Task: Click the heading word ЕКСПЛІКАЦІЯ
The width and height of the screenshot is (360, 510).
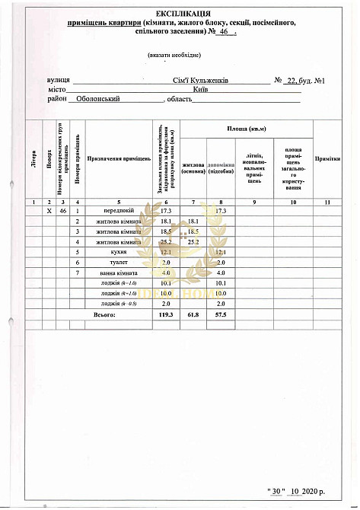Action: (x=180, y=14)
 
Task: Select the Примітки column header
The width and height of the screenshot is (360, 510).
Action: (x=327, y=159)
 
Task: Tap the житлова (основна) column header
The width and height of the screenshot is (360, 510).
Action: (x=194, y=167)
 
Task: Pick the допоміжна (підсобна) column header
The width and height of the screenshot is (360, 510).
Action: (x=221, y=167)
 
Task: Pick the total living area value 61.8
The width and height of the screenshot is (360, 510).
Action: (x=193, y=314)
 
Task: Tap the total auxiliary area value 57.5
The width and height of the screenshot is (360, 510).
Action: (x=221, y=314)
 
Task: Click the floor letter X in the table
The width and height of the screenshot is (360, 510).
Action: (x=49, y=210)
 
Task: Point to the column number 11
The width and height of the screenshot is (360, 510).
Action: (x=327, y=202)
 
